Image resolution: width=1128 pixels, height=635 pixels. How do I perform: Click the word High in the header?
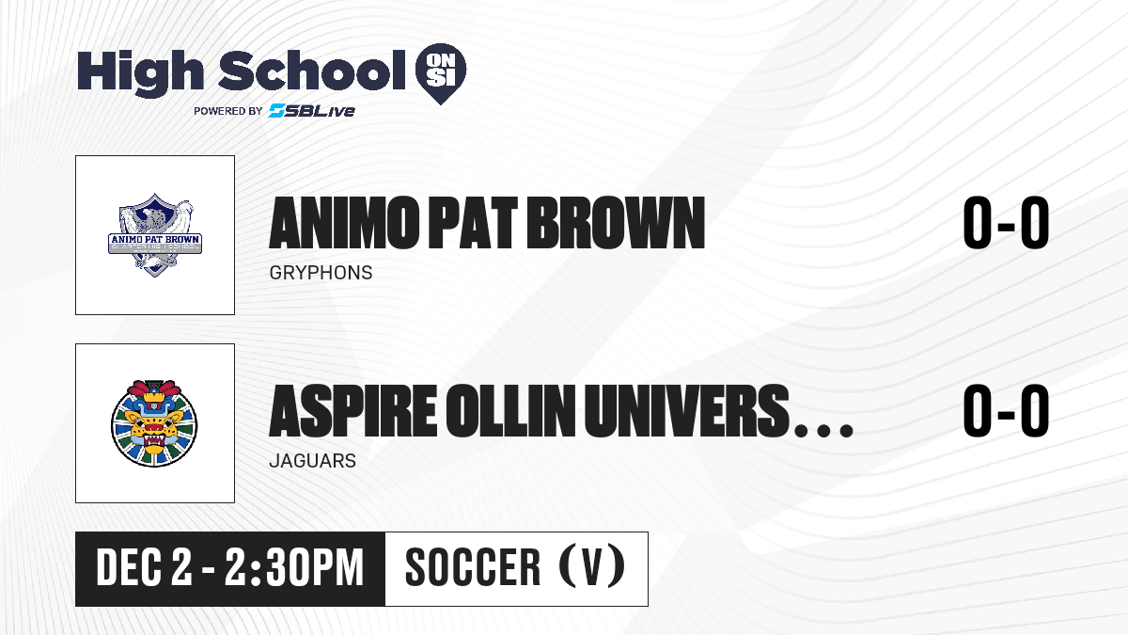click(140, 72)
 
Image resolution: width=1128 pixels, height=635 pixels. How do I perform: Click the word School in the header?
click(312, 71)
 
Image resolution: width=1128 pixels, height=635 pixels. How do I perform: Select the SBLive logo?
click(311, 110)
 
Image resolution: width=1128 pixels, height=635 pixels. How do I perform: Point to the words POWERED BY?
click(228, 111)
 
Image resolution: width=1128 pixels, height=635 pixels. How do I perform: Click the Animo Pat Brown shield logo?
click(155, 235)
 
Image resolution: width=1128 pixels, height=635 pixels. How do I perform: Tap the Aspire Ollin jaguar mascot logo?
click(154, 423)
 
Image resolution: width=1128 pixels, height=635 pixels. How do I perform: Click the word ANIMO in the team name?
click(344, 223)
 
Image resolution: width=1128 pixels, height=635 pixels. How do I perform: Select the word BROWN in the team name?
click(616, 223)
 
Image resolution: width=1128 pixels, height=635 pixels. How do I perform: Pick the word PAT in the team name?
click(473, 223)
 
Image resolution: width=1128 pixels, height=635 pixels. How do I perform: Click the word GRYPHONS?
click(321, 273)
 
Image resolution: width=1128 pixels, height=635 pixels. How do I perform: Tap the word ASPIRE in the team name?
click(353, 410)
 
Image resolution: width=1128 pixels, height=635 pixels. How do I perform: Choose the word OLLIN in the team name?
click(510, 410)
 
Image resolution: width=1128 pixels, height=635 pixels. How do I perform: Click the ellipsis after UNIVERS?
click(823, 430)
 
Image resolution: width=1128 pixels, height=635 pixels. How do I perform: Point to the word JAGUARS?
click(313, 461)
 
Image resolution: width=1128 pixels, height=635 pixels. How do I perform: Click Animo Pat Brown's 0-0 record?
click(1006, 222)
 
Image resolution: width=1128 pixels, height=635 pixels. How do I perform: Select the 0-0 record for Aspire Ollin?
click(1006, 410)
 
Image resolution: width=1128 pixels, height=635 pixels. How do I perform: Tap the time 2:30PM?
click(294, 567)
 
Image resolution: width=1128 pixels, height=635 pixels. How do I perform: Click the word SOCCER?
click(473, 567)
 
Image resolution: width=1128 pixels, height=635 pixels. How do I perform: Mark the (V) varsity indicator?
click(593, 566)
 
